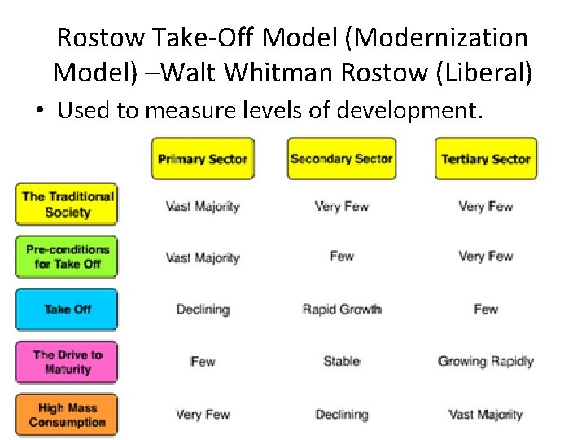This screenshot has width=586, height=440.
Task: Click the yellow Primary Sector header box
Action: pos(203,159)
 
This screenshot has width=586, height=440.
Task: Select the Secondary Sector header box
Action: pos(341,159)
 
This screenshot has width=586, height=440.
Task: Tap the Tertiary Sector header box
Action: pos(485,159)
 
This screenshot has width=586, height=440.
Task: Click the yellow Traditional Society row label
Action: pos(67,205)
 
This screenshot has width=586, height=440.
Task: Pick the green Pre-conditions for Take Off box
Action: pos(67,257)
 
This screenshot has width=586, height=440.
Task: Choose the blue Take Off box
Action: pos(67,309)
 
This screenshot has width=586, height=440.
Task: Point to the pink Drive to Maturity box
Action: pos(67,362)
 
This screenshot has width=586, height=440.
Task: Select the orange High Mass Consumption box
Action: pos(67,415)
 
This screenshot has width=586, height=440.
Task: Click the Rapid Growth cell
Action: pos(341,310)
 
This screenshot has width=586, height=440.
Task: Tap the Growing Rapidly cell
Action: pos(485,361)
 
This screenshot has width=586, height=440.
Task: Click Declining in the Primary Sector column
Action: pos(203,310)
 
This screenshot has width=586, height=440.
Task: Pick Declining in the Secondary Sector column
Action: pos(341,415)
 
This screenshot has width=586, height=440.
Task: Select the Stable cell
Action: pos(341,361)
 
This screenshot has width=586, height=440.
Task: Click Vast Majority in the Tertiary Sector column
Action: pos(485,415)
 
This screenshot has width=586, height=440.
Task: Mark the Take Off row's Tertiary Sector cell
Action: pos(485,310)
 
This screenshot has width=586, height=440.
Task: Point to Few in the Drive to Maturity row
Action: pos(203,361)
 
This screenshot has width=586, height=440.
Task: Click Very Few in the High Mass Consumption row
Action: pos(203,415)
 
